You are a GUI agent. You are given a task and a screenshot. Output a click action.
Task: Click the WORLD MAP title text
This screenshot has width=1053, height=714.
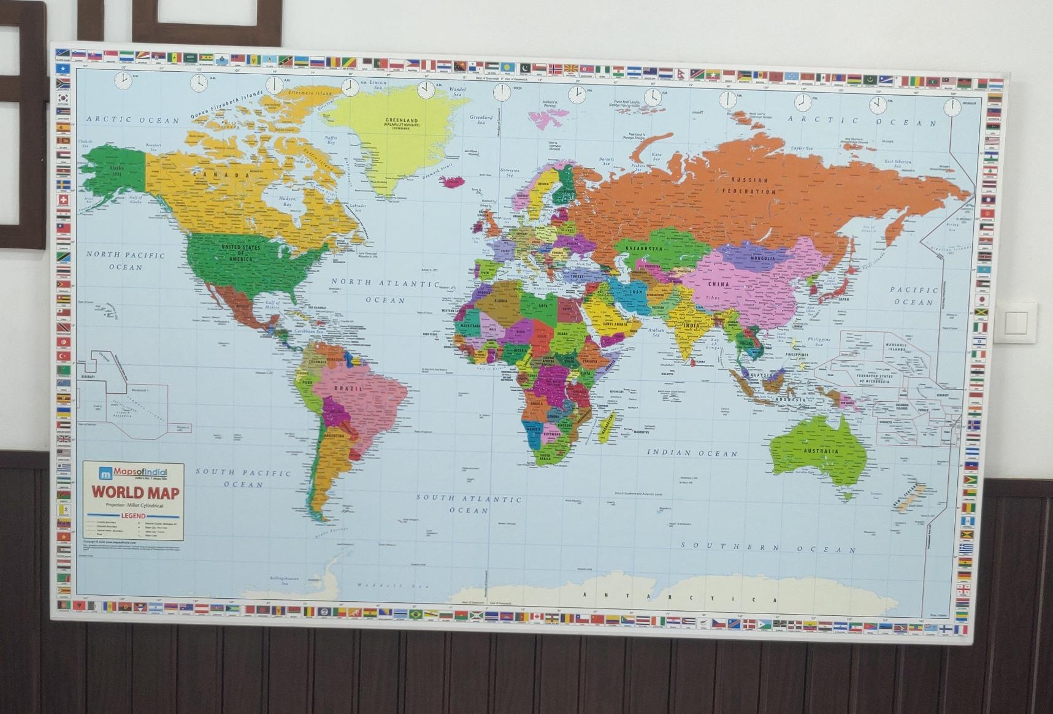(x=136, y=493)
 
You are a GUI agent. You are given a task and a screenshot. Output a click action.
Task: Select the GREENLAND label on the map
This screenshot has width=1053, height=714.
(x=402, y=121)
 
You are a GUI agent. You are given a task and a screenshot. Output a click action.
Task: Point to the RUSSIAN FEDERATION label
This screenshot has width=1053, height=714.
(x=749, y=185)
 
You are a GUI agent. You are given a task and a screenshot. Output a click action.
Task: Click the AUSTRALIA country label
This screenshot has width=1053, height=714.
(x=820, y=451)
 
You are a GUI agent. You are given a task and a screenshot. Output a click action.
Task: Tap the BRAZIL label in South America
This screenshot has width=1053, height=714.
(x=348, y=389)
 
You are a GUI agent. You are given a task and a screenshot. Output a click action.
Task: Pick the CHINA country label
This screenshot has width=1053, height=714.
(x=718, y=284)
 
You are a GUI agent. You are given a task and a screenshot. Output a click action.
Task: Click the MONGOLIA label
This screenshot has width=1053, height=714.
(x=762, y=258)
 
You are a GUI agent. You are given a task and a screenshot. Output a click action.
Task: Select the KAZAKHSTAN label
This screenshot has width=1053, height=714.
(x=644, y=248)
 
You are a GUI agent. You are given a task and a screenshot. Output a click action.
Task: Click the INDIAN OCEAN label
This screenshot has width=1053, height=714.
(x=692, y=453)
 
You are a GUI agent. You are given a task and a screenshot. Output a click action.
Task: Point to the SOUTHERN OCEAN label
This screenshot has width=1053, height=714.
(x=769, y=547)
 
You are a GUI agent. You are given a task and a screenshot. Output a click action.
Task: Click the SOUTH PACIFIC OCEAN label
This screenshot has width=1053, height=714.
(x=243, y=478)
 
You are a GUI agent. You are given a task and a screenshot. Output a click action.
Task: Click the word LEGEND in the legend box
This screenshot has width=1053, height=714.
(x=133, y=516)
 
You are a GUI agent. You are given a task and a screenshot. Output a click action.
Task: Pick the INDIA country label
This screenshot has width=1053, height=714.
(x=691, y=326)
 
